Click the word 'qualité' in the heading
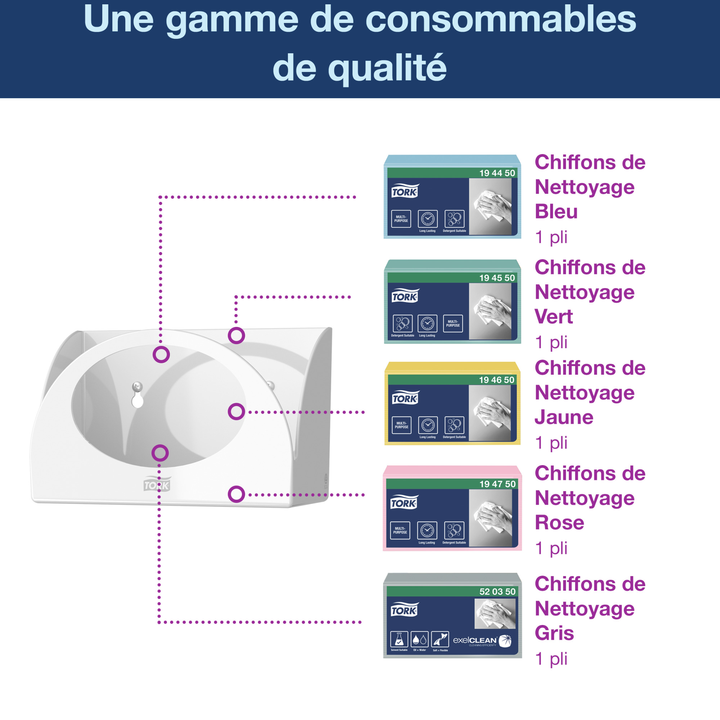[387, 68]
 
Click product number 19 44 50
[497, 173]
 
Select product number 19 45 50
[497, 278]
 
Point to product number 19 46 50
[496, 380]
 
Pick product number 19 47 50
[497, 484]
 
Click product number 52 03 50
[497, 591]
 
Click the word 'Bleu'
[556, 212]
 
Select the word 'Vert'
[553, 317]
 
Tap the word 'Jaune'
[564, 417]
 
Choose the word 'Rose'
[559, 522]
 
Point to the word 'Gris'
[554, 633]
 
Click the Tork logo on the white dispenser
[157, 485]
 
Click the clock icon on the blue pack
[427, 219]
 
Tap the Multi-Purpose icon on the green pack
[453, 323]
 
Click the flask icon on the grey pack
[399, 639]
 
